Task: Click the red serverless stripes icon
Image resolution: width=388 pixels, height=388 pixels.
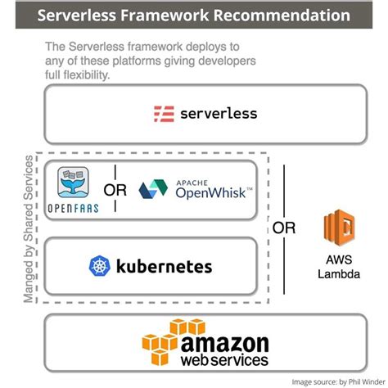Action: pyautogui.click(x=164, y=113)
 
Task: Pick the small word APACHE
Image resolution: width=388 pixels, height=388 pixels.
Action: pyautogui.click(x=192, y=182)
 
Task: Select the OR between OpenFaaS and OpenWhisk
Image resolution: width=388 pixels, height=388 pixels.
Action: pyautogui.click(x=115, y=190)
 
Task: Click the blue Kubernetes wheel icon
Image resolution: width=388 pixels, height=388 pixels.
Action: pyautogui.click(x=99, y=266)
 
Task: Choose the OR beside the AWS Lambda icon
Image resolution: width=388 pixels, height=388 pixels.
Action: pyautogui.click(x=283, y=228)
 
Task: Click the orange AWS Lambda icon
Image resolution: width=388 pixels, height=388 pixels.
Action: pyautogui.click(x=338, y=229)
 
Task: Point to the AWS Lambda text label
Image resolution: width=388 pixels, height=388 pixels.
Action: pyautogui.click(x=338, y=268)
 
